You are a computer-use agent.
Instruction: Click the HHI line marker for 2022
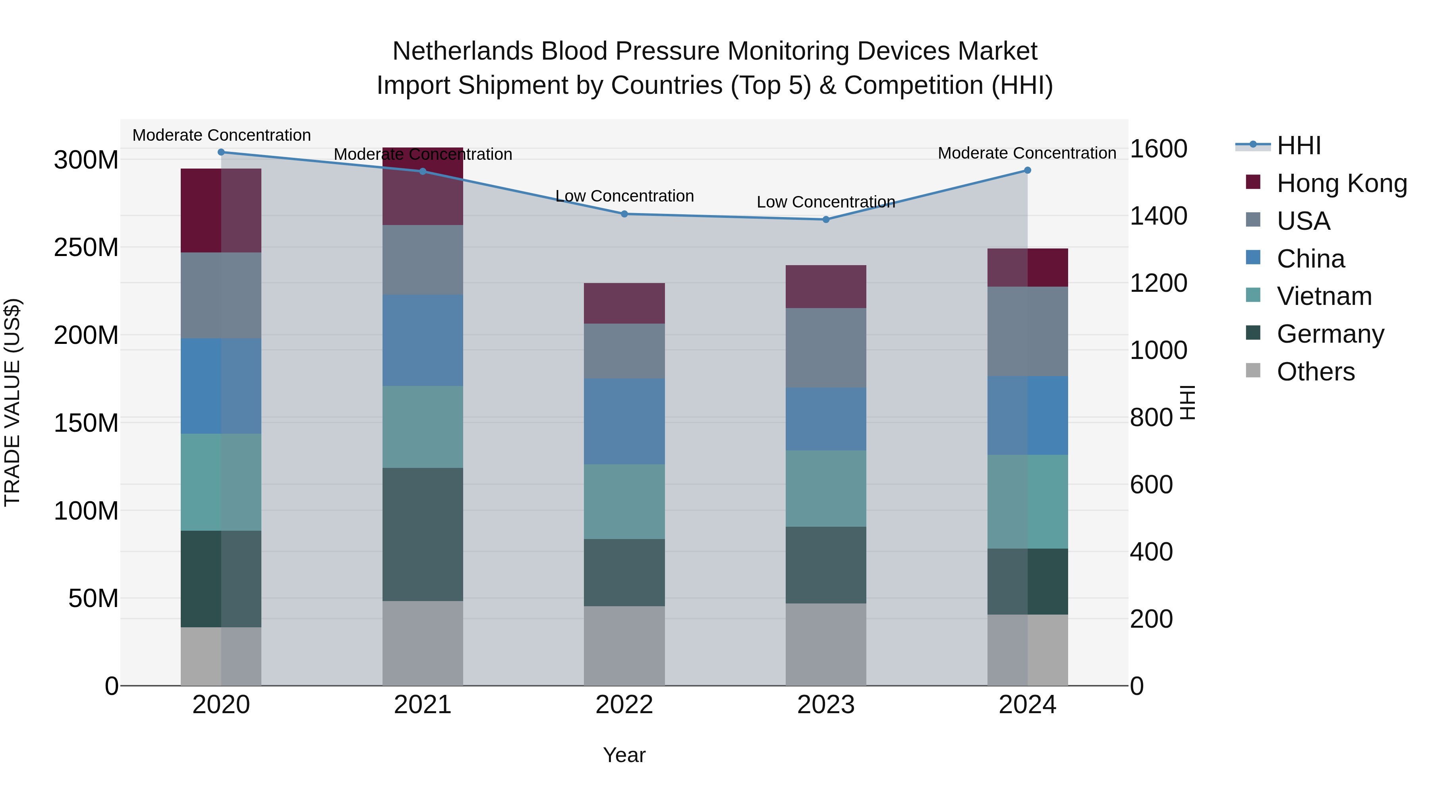point(624,214)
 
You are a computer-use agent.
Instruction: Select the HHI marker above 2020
point(221,152)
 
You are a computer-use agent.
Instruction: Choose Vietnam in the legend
point(1324,296)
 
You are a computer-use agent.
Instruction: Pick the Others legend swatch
point(1253,370)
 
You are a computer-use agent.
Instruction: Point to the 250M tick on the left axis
point(86,247)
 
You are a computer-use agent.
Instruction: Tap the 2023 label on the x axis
point(825,704)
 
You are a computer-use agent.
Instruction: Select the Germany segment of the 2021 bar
point(423,534)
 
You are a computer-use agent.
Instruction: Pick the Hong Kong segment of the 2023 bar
point(825,286)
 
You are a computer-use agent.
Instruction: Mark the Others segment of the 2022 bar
point(624,645)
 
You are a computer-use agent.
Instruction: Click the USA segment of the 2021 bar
point(423,260)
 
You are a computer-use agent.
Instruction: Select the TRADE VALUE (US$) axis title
point(12,402)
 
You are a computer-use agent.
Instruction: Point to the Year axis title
point(624,755)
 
